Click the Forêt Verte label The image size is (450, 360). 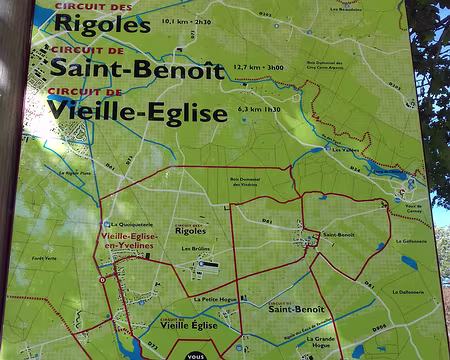[x=45, y=258]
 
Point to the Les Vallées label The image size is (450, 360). [x=345, y=150]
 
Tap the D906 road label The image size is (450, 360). [x=380, y=326]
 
